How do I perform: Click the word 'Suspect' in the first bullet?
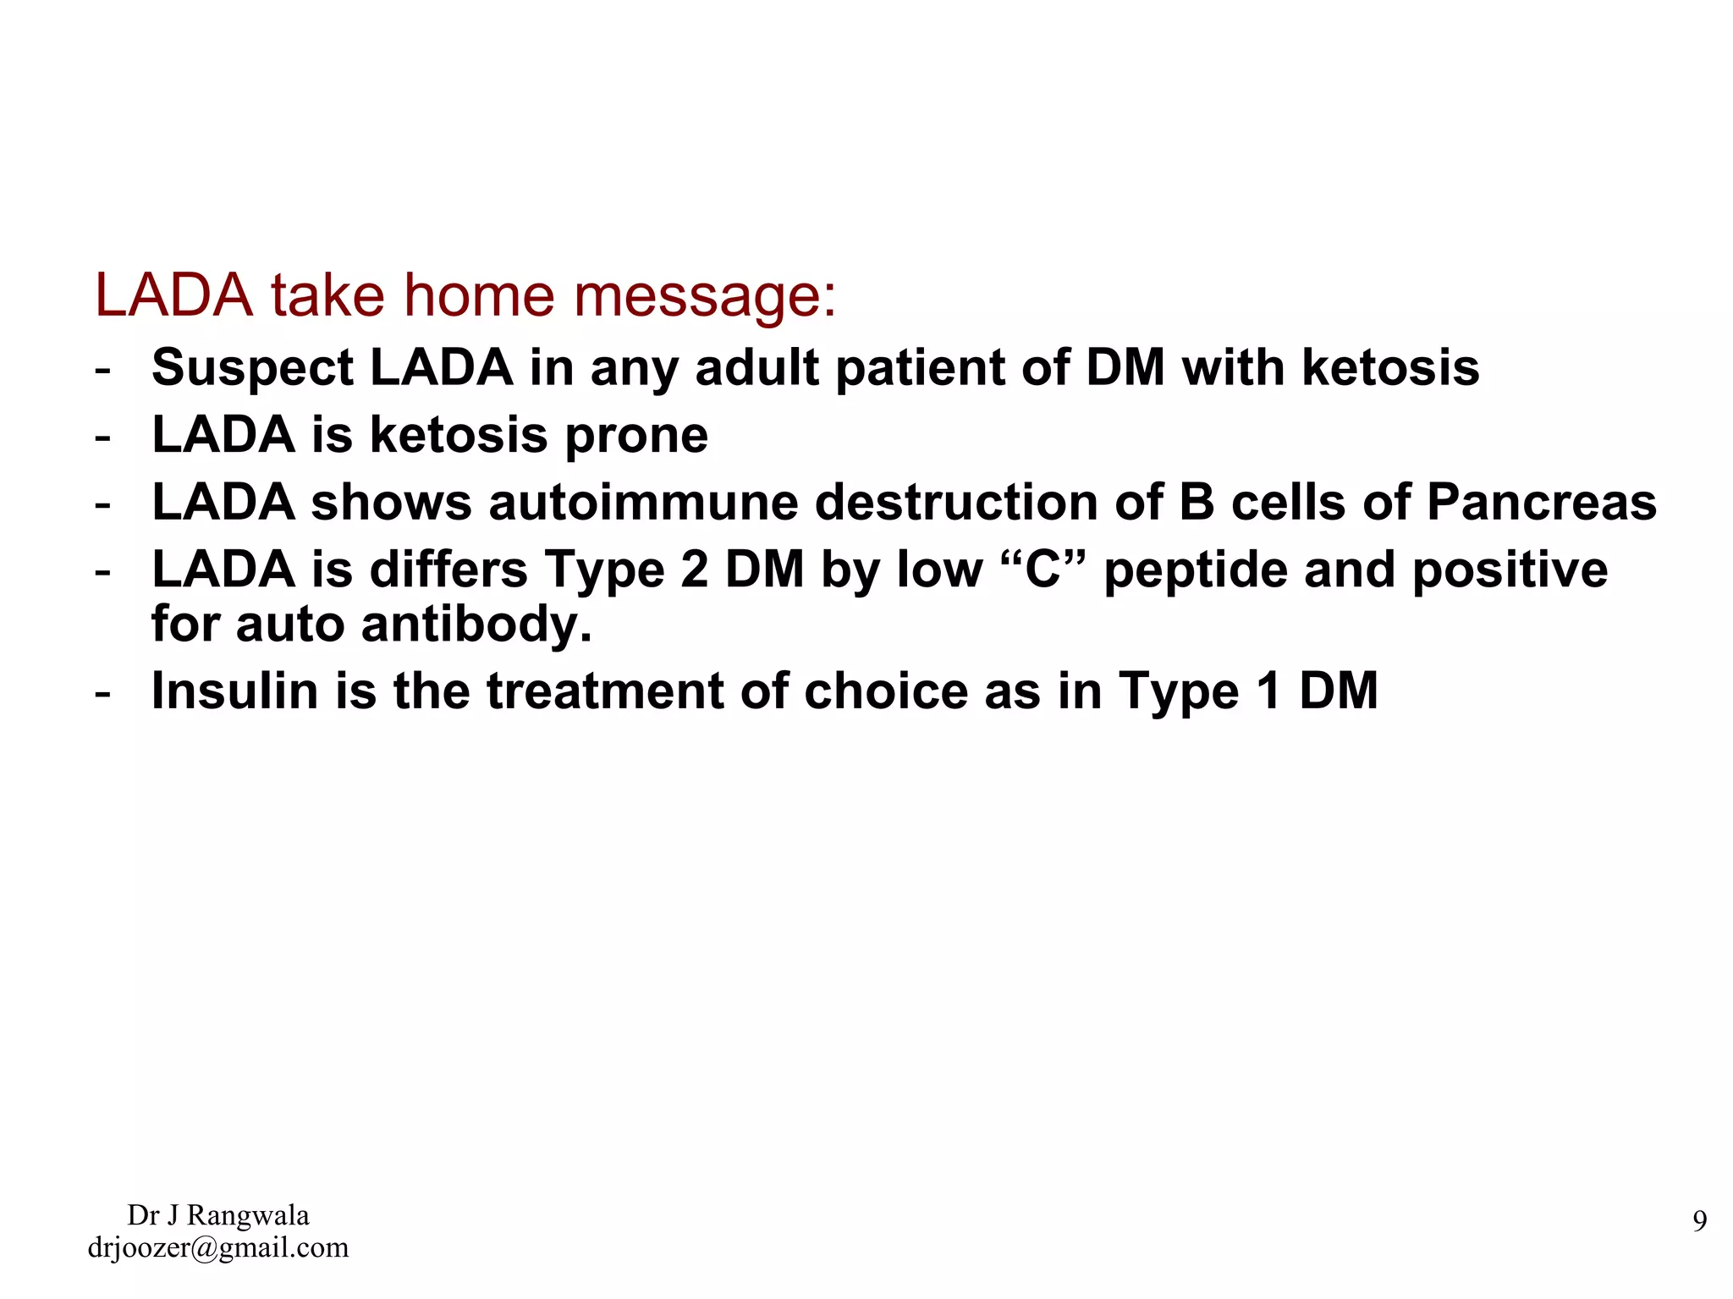pyautogui.click(x=251, y=369)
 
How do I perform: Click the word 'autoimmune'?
pyautogui.click(x=643, y=503)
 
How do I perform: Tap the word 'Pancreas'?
pyautogui.click(x=1541, y=503)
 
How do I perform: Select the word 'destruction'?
pyautogui.click(x=955, y=503)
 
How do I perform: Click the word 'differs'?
pyautogui.click(x=448, y=570)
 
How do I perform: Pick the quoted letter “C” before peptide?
pyautogui.click(x=1043, y=570)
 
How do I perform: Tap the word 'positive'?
pyautogui.click(x=1510, y=570)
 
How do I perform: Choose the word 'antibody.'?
pyautogui.click(x=476, y=625)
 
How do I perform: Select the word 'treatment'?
pyautogui.click(x=604, y=691)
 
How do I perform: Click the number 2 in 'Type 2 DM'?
pyautogui.click(x=694, y=570)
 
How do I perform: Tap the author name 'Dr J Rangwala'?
pyautogui.click(x=218, y=1215)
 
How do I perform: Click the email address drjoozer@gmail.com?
pyautogui.click(x=218, y=1247)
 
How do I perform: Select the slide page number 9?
pyautogui.click(x=1699, y=1221)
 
